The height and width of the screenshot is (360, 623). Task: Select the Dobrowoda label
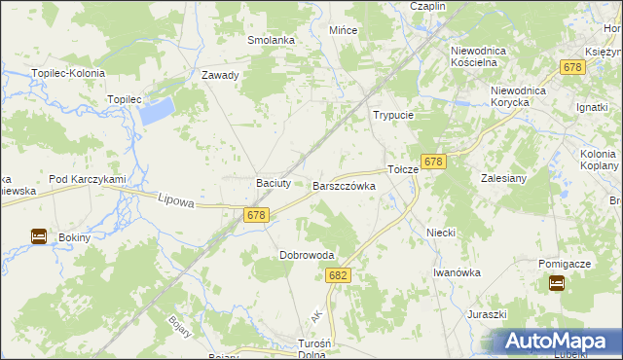pos(307,255)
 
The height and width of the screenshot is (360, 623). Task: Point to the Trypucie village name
pos(394,115)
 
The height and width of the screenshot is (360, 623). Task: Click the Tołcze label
pos(403,168)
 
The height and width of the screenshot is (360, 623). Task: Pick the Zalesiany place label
pos(503,178)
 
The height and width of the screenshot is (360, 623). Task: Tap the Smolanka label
pos(271,40)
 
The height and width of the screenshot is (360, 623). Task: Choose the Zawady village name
pos(220,75)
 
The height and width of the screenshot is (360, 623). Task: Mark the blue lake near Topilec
pos(156,110)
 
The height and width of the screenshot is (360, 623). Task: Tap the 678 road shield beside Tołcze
pos(433,162)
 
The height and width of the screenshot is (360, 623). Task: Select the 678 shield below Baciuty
pos(256,216)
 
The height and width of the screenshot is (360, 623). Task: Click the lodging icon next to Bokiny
pos(39,236)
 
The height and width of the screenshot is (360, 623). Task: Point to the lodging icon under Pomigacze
pos(557,283)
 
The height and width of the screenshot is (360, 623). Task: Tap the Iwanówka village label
pos(458,272)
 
